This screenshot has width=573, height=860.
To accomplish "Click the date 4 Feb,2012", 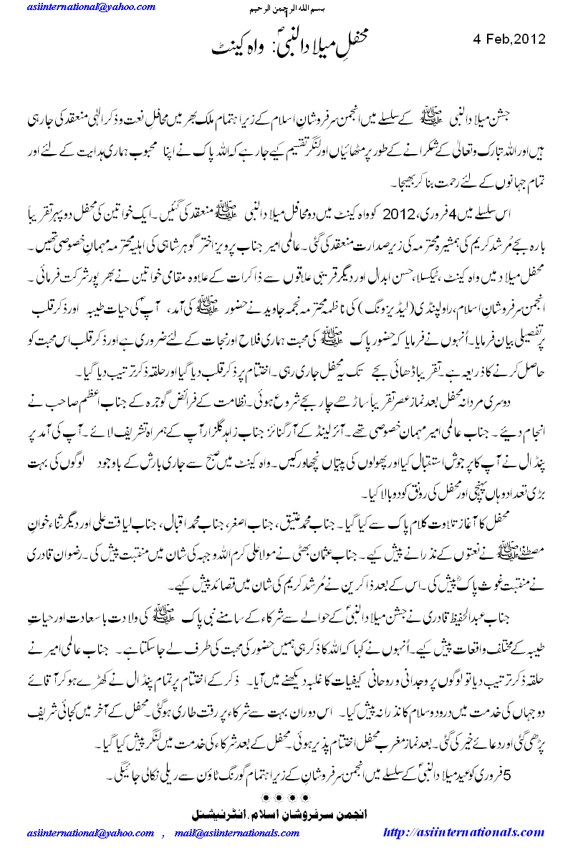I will pos(510,39).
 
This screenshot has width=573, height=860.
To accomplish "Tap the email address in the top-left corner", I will pos(92,7).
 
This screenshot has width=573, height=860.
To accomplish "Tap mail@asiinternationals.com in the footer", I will pos(236,833).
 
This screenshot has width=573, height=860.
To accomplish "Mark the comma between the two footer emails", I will pos(163,834).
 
